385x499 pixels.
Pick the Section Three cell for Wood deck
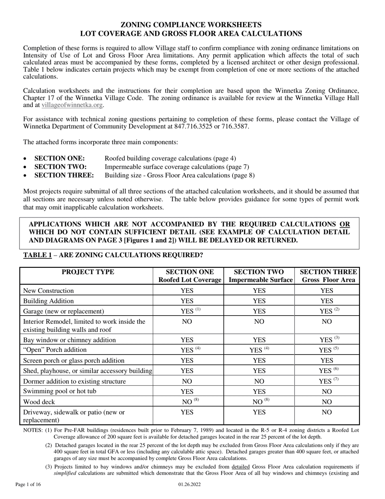(x=327, y=402)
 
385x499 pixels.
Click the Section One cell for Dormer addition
(x=187, y=381)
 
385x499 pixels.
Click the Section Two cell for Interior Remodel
(x=259, y=322)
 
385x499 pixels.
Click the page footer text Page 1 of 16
(x=28, y=484)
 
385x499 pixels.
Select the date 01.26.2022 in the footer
(x=189, y=484)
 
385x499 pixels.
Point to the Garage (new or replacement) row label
(x=64, y=312)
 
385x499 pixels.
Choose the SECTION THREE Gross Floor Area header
(x=327, y=276)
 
